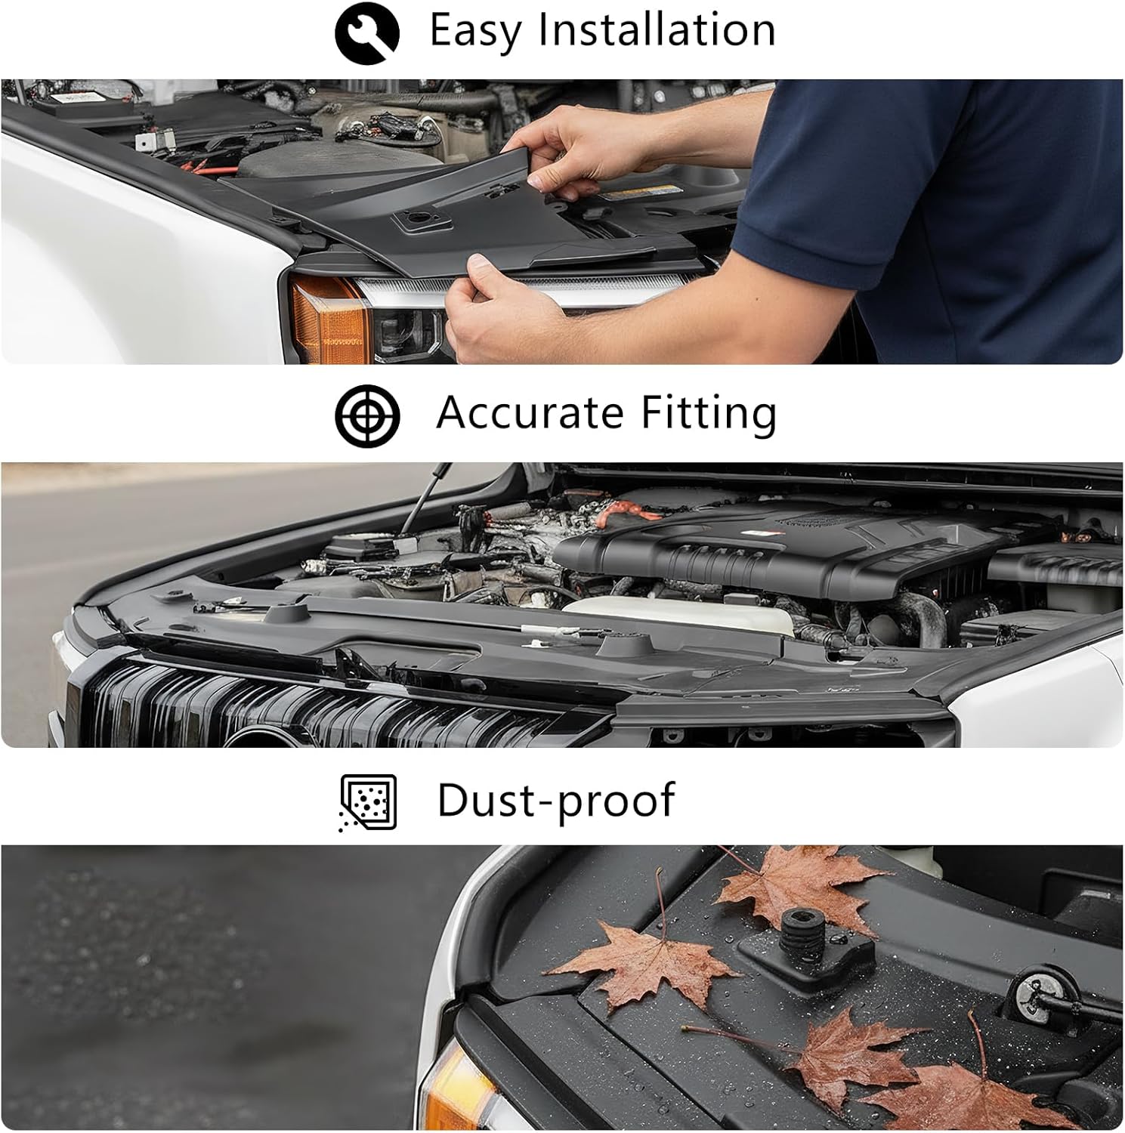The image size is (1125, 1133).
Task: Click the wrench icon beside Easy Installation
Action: (x=367, y=32)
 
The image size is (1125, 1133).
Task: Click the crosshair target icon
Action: (x=367, y=415)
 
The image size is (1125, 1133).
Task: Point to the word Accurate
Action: (x=529, y=413)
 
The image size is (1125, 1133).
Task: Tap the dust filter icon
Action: (x=368, y=802)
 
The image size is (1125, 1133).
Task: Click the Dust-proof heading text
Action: (x=556, y=801)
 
